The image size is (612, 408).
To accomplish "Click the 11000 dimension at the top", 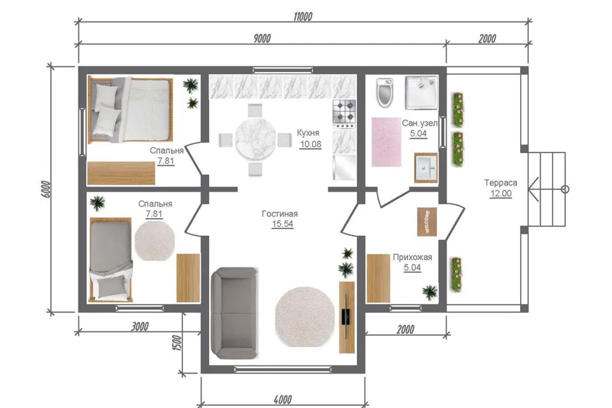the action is [303, 17].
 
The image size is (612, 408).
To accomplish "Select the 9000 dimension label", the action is [262, 38].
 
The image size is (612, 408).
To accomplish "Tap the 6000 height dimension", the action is [46, 189].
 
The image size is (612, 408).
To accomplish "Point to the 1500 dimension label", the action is [177, 343].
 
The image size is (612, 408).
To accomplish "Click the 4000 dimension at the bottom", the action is [282, 400].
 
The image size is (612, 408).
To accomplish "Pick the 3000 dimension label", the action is [140, 326].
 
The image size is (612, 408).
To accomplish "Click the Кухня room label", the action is [308, 133].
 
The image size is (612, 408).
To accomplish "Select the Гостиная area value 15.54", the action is [282, 224].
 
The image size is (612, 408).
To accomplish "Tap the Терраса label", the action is [501, 183].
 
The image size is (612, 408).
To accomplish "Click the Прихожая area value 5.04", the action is [412, 268].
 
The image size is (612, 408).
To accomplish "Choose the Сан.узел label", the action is [419, 123].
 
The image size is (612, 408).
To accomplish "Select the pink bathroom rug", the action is [386, 142].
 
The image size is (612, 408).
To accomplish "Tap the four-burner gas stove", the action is [344, 113].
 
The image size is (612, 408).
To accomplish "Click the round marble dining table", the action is [255, 139].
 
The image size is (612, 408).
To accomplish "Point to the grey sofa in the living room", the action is [234, 313].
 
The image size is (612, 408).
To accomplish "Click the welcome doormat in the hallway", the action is [427, 222].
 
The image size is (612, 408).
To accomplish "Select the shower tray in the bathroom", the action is [421, 92].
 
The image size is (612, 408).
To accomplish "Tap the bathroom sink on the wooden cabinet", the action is [426, 168].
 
